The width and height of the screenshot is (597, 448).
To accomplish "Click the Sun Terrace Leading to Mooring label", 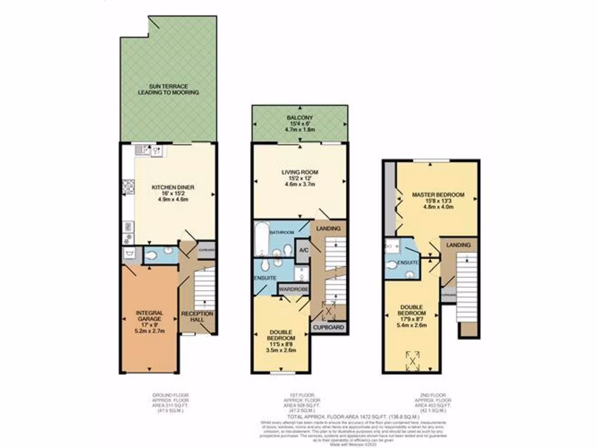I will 168,89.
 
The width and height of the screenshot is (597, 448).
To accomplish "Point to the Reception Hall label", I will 198,317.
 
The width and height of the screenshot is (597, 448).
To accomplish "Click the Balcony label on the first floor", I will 299,118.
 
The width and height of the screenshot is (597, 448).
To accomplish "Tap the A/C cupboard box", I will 303,250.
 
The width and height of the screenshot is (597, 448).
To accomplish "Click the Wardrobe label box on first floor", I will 294,289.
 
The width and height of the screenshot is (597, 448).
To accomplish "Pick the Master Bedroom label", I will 437,194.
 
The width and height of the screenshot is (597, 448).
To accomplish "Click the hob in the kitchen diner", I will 128,187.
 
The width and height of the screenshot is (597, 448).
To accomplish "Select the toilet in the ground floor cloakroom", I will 151,254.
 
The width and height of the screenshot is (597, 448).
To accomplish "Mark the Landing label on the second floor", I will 458,245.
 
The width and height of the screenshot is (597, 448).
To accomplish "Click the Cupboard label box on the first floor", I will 329,328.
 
